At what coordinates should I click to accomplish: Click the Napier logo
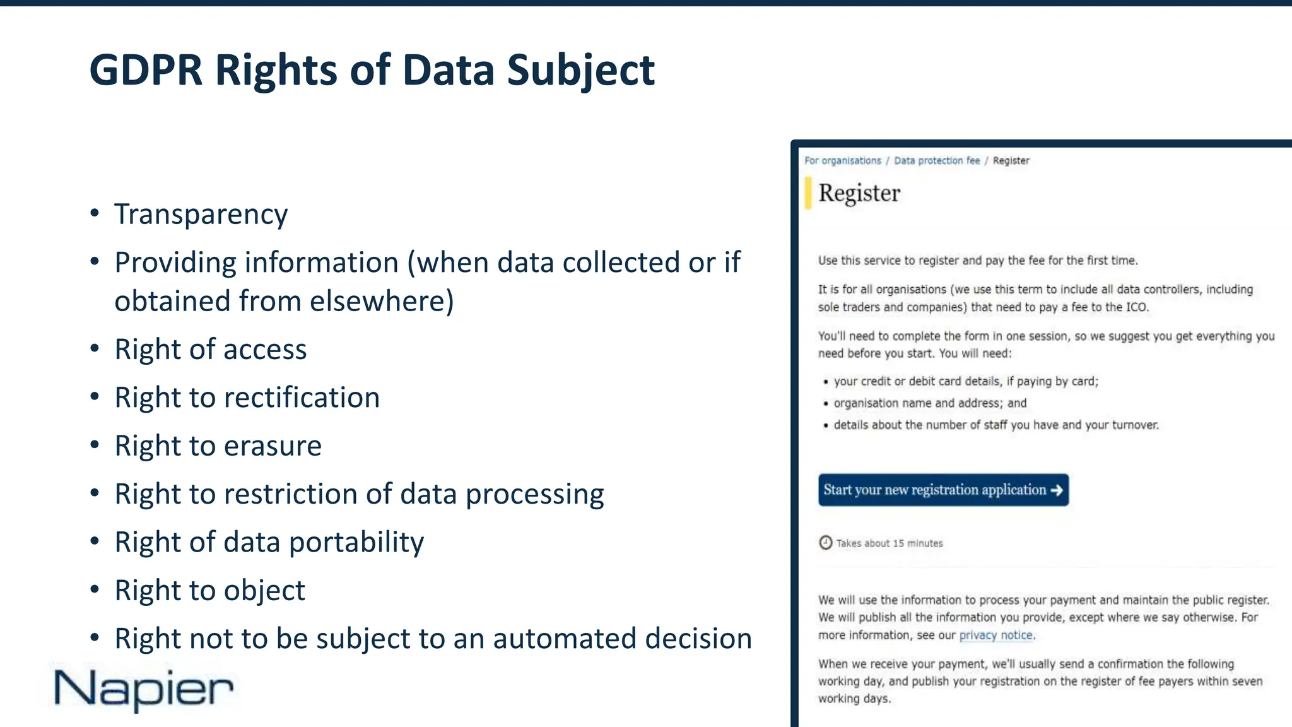[x=144, y=689]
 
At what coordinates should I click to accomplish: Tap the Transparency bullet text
[x=201, y=214]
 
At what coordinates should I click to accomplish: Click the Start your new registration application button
[x=943, y=490]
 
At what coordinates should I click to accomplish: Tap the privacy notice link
[x=996, y=635]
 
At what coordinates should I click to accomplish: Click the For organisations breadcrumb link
[x=842, y=160]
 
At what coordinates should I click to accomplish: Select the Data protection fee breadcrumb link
[x=937, y=160]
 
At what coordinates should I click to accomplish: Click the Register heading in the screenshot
[x=859, y=193]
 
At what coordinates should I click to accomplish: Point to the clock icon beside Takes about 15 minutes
[x=825, y=543]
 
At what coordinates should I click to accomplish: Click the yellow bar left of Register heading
[x=808, y=193]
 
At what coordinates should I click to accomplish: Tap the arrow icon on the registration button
[x=1057, y=490]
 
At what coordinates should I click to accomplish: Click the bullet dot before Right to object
[x=95, y=590]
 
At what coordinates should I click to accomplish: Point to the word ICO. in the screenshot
[x=1137, y=307]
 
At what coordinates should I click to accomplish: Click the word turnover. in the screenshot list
[x=1135, y=425]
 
